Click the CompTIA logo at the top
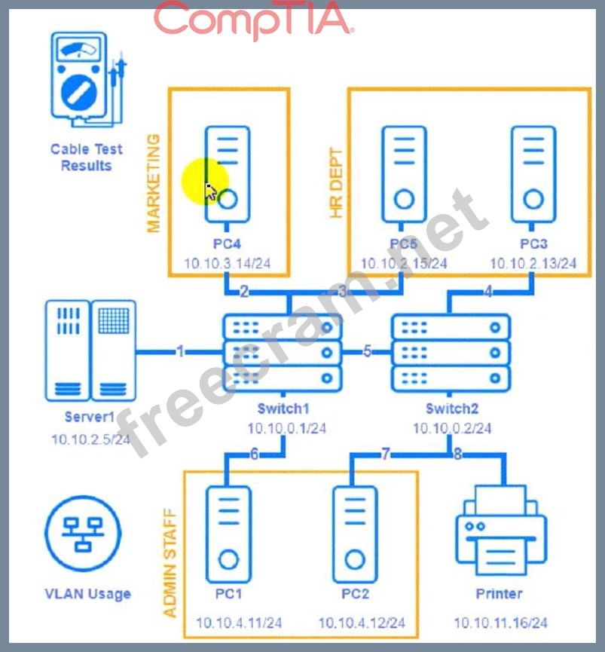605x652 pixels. pyautogui.click(x=253, y=20)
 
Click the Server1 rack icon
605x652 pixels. pyautogui.click(x=91, y=350)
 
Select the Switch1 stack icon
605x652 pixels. pyautogui.click(x=283, y=351)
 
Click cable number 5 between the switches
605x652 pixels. pyautogui.click(x=367, y=351)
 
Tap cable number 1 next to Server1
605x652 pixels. pyautogui.click(x=179, y=351)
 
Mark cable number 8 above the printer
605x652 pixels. pyautogui.click(x=457, y=454)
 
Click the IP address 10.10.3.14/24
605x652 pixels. pyautogui.click(x=228, y=263)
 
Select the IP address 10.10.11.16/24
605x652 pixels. pyautogui.click(x=500, y=623)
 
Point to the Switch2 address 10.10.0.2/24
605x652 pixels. pyautogui.click(x=452, y=427)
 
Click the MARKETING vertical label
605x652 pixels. pyautogui.click(x=153, y=183)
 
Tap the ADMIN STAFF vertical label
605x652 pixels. pyautogui.click(x=170, y=563)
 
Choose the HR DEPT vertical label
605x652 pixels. pyautogui.click(x=336, y=183)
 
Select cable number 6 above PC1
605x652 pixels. pyautogui.click(x=254, y=454)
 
